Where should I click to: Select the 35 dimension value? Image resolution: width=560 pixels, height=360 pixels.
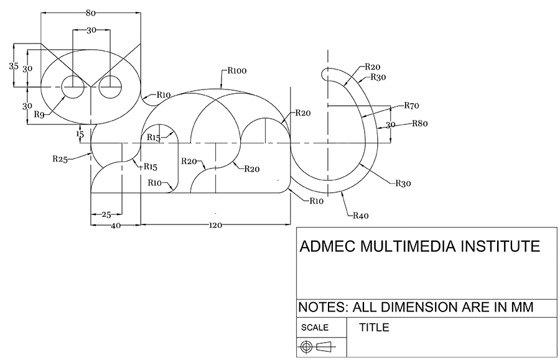pyautogui.click(x=13, y=66)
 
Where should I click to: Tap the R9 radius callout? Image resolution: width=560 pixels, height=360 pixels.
pyautogui.click(x=39, y=114)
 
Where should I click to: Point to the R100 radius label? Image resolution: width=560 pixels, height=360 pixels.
pyautogui.click(x=236, y=71)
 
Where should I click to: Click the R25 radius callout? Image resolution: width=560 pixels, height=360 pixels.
pyautogui.click(x=59, y=159)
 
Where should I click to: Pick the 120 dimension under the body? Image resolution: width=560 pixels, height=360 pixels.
pyautogui.click(x=215, y=225)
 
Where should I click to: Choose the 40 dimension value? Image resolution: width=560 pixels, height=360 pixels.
pyautogui.click(x=116, y=226)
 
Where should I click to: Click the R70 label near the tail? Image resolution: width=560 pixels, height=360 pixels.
pyautogui.click(x=411, y=105)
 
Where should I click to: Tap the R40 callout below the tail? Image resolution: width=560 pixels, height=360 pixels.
pyautogui.click(x=361, y=216)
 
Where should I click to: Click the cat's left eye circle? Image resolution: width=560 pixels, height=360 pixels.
pyautogui.click(x=73, y=88)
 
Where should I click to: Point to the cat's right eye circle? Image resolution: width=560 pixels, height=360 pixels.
pyautogui.click(x=112, y=88)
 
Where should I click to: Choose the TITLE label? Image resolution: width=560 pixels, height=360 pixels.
pyautogui.click(x=374, y=327)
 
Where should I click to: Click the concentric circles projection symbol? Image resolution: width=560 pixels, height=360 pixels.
pyautogui.click(x=306, y=347)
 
